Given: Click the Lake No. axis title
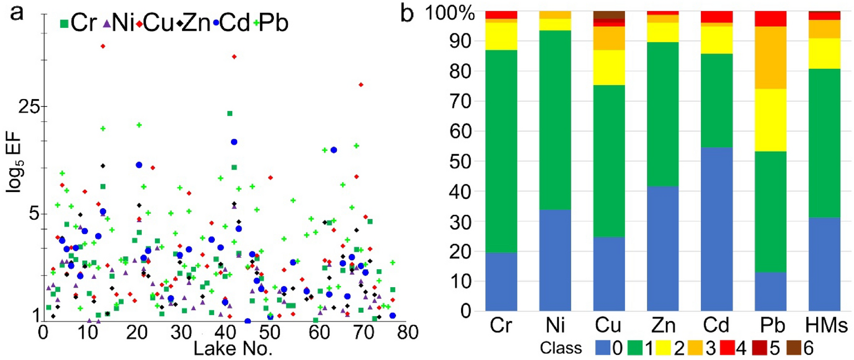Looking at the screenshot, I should [x=232, y=349].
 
